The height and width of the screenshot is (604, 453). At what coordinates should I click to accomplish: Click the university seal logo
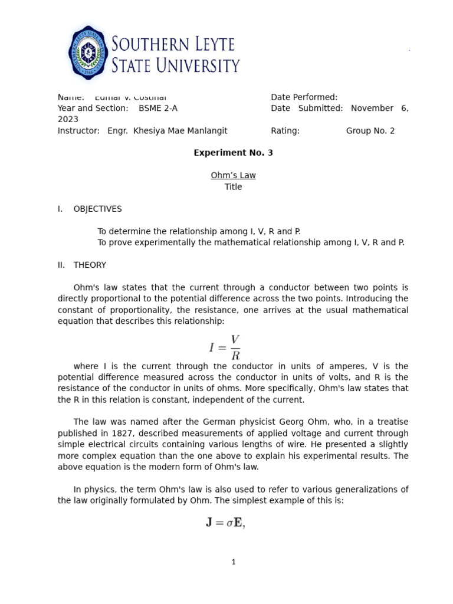(x=89, y=52)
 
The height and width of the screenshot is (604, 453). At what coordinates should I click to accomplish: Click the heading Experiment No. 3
(x=233, y=153)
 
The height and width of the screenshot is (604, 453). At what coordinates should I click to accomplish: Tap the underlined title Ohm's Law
(x=233, y=175)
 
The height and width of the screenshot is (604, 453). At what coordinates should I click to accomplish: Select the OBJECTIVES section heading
(x=97, y=209)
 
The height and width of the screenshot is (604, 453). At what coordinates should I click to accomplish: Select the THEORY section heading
(x=90, y=265)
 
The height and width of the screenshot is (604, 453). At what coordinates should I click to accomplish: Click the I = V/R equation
(x=225, y=347)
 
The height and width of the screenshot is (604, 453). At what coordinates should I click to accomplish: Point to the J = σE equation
(x=225, y=523)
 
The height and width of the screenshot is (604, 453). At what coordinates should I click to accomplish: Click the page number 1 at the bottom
(x=233, y=562)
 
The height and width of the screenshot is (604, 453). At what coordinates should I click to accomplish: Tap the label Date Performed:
(x=304, y=97)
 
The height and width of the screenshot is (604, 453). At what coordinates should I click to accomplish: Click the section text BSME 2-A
(x=157, y=109)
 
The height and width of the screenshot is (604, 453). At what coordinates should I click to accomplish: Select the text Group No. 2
(x=370, y=131)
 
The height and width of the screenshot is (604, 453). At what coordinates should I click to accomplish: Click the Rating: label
(x=285, y=131)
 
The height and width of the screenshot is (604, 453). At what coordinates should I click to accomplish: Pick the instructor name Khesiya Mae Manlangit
(x=180, y=131)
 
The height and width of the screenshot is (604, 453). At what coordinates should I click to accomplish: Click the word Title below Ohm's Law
(x=233, y=187)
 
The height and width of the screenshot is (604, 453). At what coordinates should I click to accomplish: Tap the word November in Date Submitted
(x=372, y=109)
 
